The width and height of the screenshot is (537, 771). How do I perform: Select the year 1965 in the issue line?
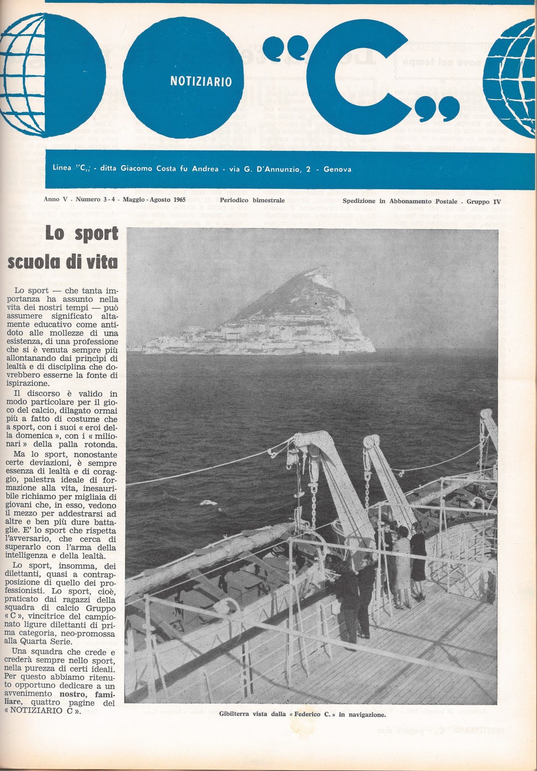point(178,200)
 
